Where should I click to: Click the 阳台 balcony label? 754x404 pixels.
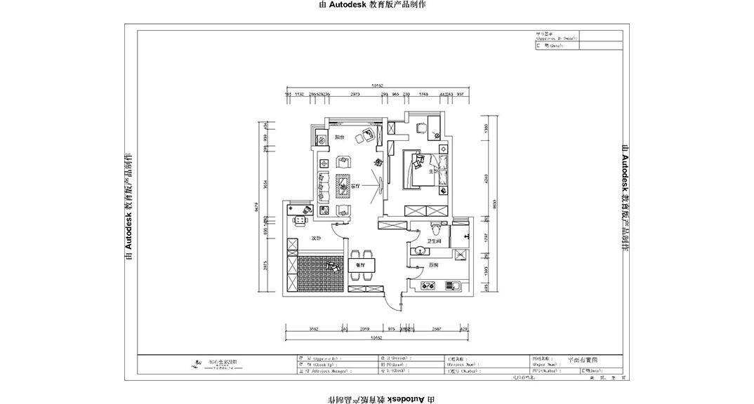(x=339, y=137)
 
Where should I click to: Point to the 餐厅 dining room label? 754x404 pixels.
(x=361, y=264)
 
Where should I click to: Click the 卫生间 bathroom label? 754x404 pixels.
(x=434, y=241)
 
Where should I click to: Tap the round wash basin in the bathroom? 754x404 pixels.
(x=419, y=249)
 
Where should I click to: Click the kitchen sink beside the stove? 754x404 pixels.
(x=451, y=285)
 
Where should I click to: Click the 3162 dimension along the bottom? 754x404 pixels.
(x=314, y=328)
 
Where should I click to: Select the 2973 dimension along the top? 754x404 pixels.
(x=355, y=93)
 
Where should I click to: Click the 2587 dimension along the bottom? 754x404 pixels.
(x=436, y=328)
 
